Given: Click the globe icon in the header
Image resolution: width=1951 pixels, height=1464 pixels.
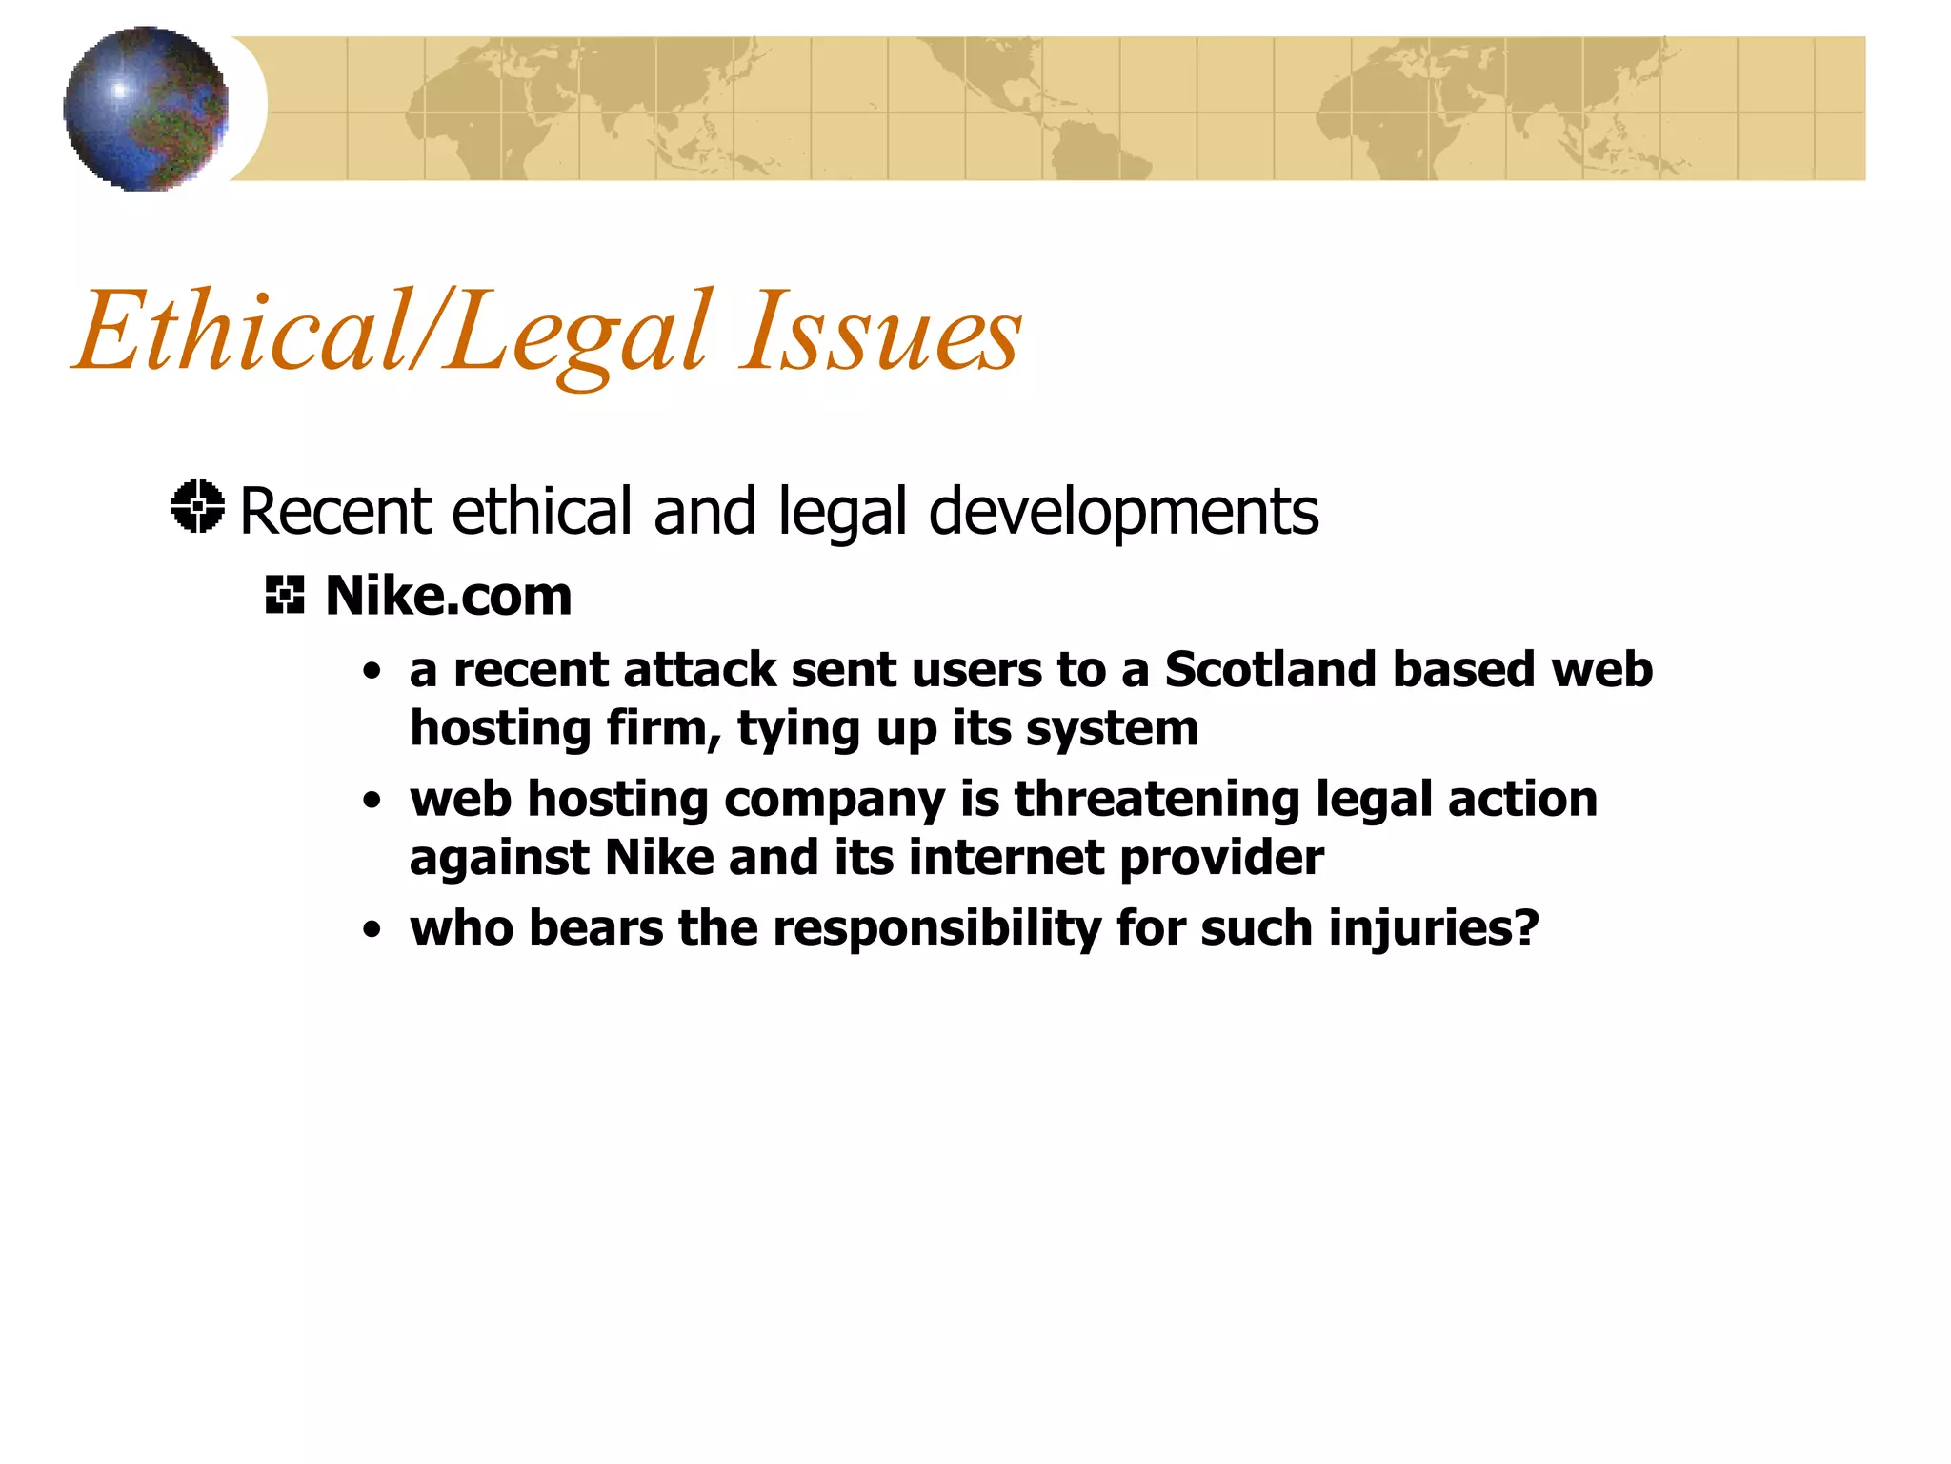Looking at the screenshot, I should (146, 109).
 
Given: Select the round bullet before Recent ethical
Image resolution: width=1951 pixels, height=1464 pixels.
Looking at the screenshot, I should (198, 506).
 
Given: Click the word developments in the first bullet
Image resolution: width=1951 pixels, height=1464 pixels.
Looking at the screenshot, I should (1123, 513).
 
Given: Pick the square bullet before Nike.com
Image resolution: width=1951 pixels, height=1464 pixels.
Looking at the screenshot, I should (284, 595).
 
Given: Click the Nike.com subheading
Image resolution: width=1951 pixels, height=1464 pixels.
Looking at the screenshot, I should (449, 597).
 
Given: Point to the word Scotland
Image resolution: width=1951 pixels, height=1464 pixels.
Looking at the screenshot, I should (1271, 669).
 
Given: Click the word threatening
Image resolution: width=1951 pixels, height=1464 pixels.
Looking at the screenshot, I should (1157, 799).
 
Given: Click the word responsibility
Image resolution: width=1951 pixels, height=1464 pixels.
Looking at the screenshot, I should (936, 928).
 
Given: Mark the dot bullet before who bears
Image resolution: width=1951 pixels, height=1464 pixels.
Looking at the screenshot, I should (372, 930).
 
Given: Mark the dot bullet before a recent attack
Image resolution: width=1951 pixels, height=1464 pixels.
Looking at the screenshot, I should (372, 672).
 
